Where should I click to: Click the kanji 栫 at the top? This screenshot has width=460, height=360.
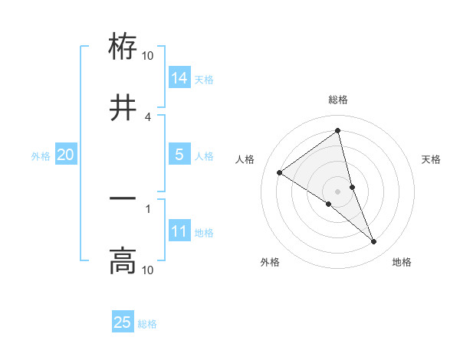click(123, 47)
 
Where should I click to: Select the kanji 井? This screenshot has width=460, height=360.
click(123, 108)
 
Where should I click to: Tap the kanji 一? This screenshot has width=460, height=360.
click(123, 198)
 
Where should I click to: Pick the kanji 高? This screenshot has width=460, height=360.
click(123, 260)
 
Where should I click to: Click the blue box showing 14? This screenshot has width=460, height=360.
click(179, 77)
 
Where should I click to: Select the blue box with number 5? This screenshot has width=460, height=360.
click(179, 155)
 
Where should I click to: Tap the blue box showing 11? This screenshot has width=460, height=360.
click(179, 231)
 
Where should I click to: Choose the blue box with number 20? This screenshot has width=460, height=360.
click(66, 155)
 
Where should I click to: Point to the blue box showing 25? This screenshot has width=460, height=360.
click(123, 322)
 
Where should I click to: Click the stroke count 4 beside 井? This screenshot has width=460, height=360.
click(148, 116)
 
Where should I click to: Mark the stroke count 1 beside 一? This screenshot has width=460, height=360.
click(148, 208)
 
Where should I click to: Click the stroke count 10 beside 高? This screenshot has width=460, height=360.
click(148, 270)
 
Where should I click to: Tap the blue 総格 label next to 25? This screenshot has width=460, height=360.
click(147, 324)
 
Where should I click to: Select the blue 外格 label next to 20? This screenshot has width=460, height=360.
click(41, 155)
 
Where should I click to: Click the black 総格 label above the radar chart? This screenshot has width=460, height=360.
click(338, 100)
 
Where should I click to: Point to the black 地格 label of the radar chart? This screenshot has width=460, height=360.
click(402, 263)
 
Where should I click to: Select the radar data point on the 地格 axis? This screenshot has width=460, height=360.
click(374, 242)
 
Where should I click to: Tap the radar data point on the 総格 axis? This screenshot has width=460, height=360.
click(338, 131)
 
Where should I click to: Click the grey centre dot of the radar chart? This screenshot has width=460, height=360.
click(338, 191)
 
